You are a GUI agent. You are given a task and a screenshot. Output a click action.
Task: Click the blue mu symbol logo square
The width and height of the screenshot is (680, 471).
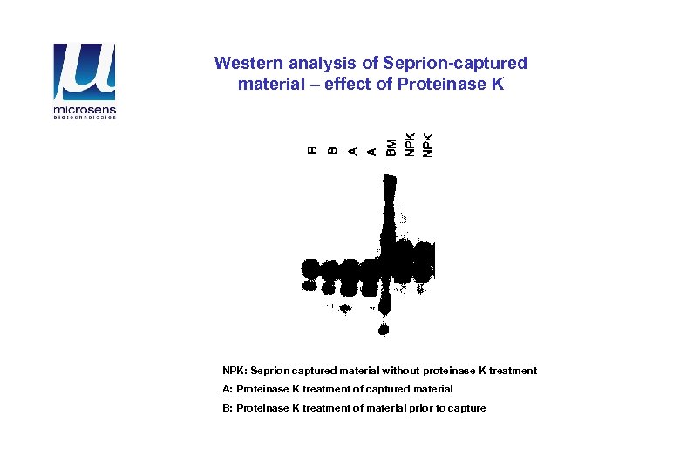pos(84,72)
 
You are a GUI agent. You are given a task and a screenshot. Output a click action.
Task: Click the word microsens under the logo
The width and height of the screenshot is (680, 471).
pos(84,111)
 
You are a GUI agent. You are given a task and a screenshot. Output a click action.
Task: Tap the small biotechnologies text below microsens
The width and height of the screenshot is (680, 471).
pos(84,118)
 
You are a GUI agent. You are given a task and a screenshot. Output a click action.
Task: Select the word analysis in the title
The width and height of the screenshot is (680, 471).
pos(311,64)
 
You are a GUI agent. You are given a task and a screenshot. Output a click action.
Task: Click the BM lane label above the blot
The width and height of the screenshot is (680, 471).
pos(391,147)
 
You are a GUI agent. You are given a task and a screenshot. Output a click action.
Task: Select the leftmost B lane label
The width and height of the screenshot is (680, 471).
pos(313,150)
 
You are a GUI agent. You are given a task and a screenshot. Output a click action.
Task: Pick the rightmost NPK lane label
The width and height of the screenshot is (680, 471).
pos(427,144)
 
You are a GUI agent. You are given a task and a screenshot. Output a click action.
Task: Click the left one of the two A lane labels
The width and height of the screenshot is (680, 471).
pos(352,150)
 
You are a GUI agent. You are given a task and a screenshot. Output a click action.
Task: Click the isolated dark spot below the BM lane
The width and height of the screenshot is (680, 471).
pos(384,328)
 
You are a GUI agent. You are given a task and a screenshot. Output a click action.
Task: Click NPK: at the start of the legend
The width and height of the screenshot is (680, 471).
pos(235,371)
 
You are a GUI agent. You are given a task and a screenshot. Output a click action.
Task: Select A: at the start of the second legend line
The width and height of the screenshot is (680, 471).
pos(228,389)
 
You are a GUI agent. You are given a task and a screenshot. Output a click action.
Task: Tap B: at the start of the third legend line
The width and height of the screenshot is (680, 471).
pos(228,408)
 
